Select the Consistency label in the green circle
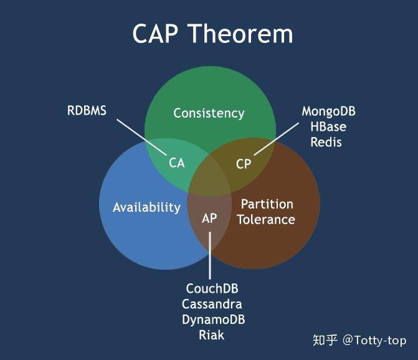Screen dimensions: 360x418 [209, 113]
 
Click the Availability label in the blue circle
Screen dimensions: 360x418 [146, 207]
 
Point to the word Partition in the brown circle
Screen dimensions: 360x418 [267, 204]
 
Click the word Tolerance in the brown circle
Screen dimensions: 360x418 [266, 219]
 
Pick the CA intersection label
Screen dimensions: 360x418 [177, 163]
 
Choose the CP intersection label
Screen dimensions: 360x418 [244, 164]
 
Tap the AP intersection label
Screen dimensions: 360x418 [209, 219]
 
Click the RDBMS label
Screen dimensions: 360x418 [87, 111]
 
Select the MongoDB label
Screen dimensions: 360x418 [329, 111]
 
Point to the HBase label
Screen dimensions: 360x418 [328, 126]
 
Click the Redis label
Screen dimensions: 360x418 [326, 142]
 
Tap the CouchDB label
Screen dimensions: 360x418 [212, 289]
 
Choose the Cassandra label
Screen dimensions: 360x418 [212, 305]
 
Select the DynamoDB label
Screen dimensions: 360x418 [213, 320]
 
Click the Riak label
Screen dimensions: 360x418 [212, 335]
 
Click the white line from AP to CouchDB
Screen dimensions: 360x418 [210, 255]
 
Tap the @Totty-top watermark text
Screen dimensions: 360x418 [374, 340]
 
